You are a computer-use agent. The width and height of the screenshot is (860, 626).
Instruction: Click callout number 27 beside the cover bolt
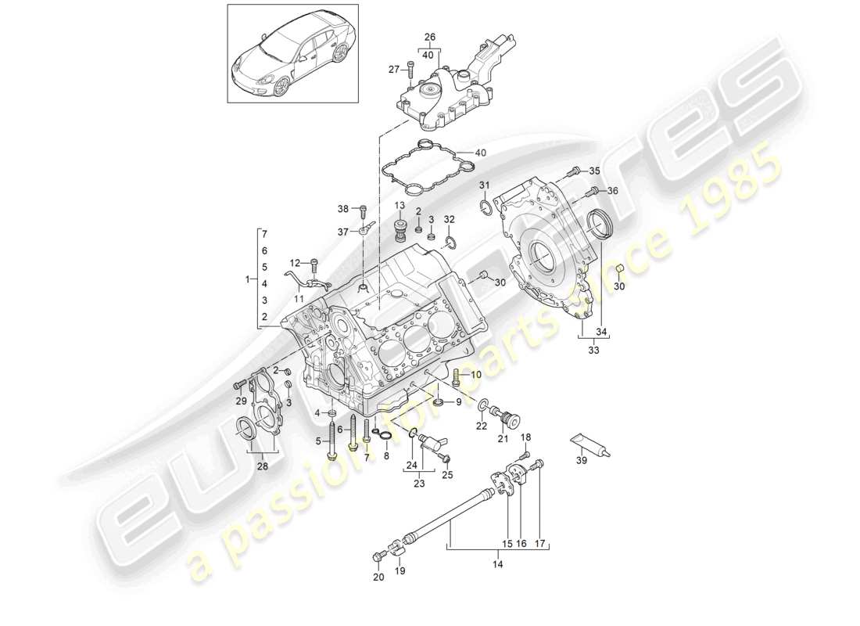[x=394, y=70]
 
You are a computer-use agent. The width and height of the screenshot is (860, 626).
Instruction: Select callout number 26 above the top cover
[x=428, y=37]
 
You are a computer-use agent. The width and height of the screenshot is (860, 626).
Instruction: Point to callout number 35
[x=593, y=171]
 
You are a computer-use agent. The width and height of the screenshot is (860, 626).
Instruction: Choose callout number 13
[x=399, y=206]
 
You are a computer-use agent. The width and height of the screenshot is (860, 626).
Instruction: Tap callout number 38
[x=342, y=209]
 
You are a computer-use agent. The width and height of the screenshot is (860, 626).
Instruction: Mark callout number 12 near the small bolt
[x=294, y=262]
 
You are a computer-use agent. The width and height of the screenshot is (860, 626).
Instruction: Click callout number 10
[x=476, y=375]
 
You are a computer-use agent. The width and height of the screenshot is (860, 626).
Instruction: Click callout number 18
[x=525, y=437]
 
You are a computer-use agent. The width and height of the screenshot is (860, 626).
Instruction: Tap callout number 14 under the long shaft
[x=499, y=563]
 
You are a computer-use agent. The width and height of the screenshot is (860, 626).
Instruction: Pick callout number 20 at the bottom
[x=378, y=578]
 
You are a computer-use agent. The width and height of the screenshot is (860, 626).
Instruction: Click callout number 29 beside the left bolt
[x=241, y=401]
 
